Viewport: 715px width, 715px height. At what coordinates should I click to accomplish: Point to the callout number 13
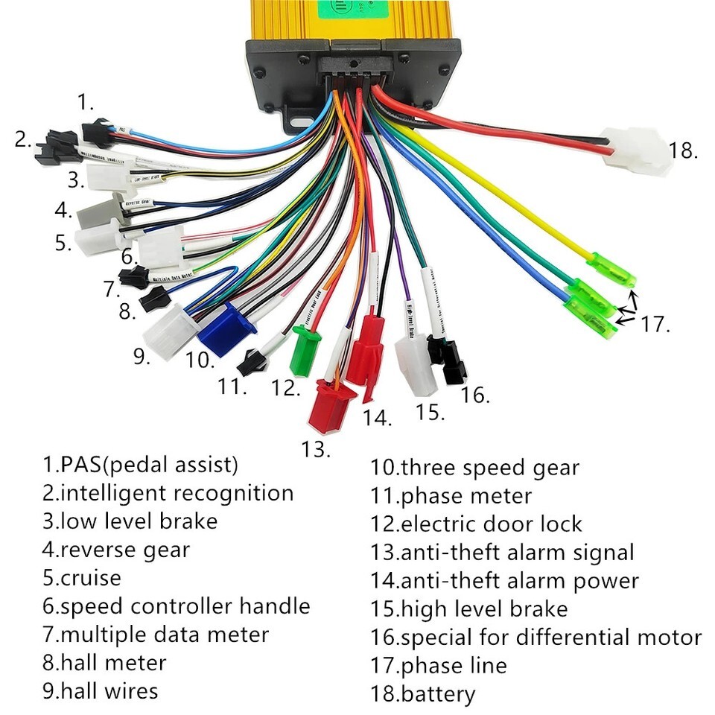pos(316,449)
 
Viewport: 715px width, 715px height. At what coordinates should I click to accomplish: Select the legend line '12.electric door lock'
pos(476,524)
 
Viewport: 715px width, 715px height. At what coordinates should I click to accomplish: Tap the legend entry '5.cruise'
pos(81,578)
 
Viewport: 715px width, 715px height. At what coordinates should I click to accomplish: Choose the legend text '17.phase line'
pos(439,665)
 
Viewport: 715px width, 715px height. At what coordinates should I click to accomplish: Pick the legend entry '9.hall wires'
pos(100,690)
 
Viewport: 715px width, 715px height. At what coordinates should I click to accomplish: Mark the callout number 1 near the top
pos(86,102)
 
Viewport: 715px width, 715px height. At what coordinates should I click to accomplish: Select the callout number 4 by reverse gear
pos(63,210)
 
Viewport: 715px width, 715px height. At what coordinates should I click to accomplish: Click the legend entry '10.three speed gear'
pos(474,468)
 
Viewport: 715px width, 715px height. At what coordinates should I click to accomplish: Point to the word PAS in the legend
pos(79,465)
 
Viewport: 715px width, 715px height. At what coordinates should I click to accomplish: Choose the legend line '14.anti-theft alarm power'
pos(504,581)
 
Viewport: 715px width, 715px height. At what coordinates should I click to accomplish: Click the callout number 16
pos(474,395)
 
